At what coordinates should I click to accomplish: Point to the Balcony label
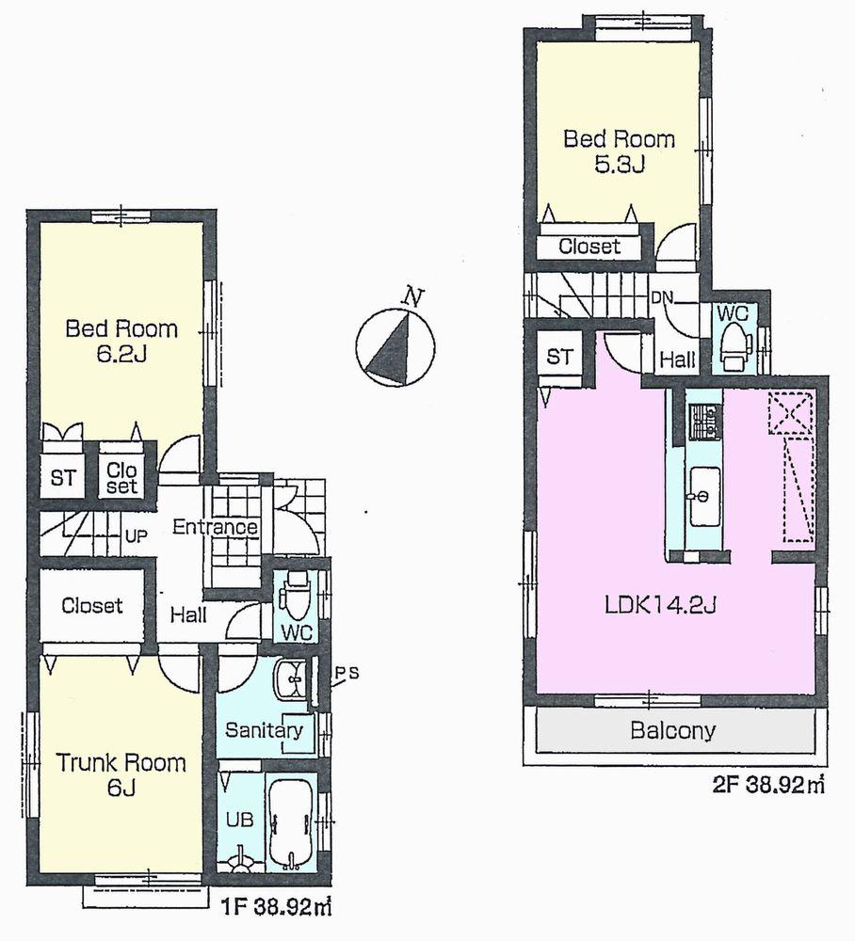(673, 730)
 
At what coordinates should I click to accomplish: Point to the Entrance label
(215, 527)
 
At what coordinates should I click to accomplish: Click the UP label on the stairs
(136, 536)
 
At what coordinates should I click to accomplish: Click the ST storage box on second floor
(559, 358)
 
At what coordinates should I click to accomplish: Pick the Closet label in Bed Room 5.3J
(589, 247)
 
